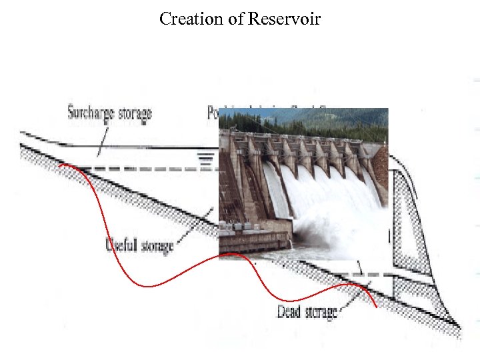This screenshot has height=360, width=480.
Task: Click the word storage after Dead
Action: click(321, 311)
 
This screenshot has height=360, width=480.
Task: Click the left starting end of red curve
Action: click(60, 165)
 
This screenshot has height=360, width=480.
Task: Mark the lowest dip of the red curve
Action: click(148, 286)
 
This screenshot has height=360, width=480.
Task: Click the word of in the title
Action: click(236, 19)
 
